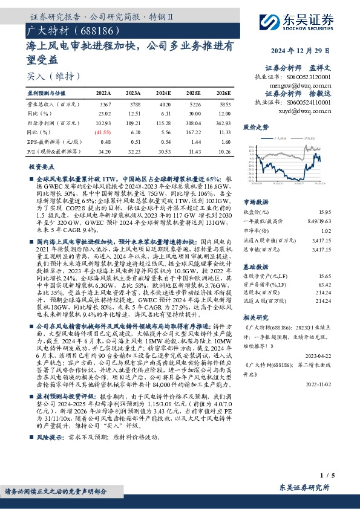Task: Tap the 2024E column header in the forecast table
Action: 164,93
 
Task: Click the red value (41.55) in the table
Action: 103,131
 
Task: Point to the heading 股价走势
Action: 255,128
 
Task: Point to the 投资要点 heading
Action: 42,166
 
